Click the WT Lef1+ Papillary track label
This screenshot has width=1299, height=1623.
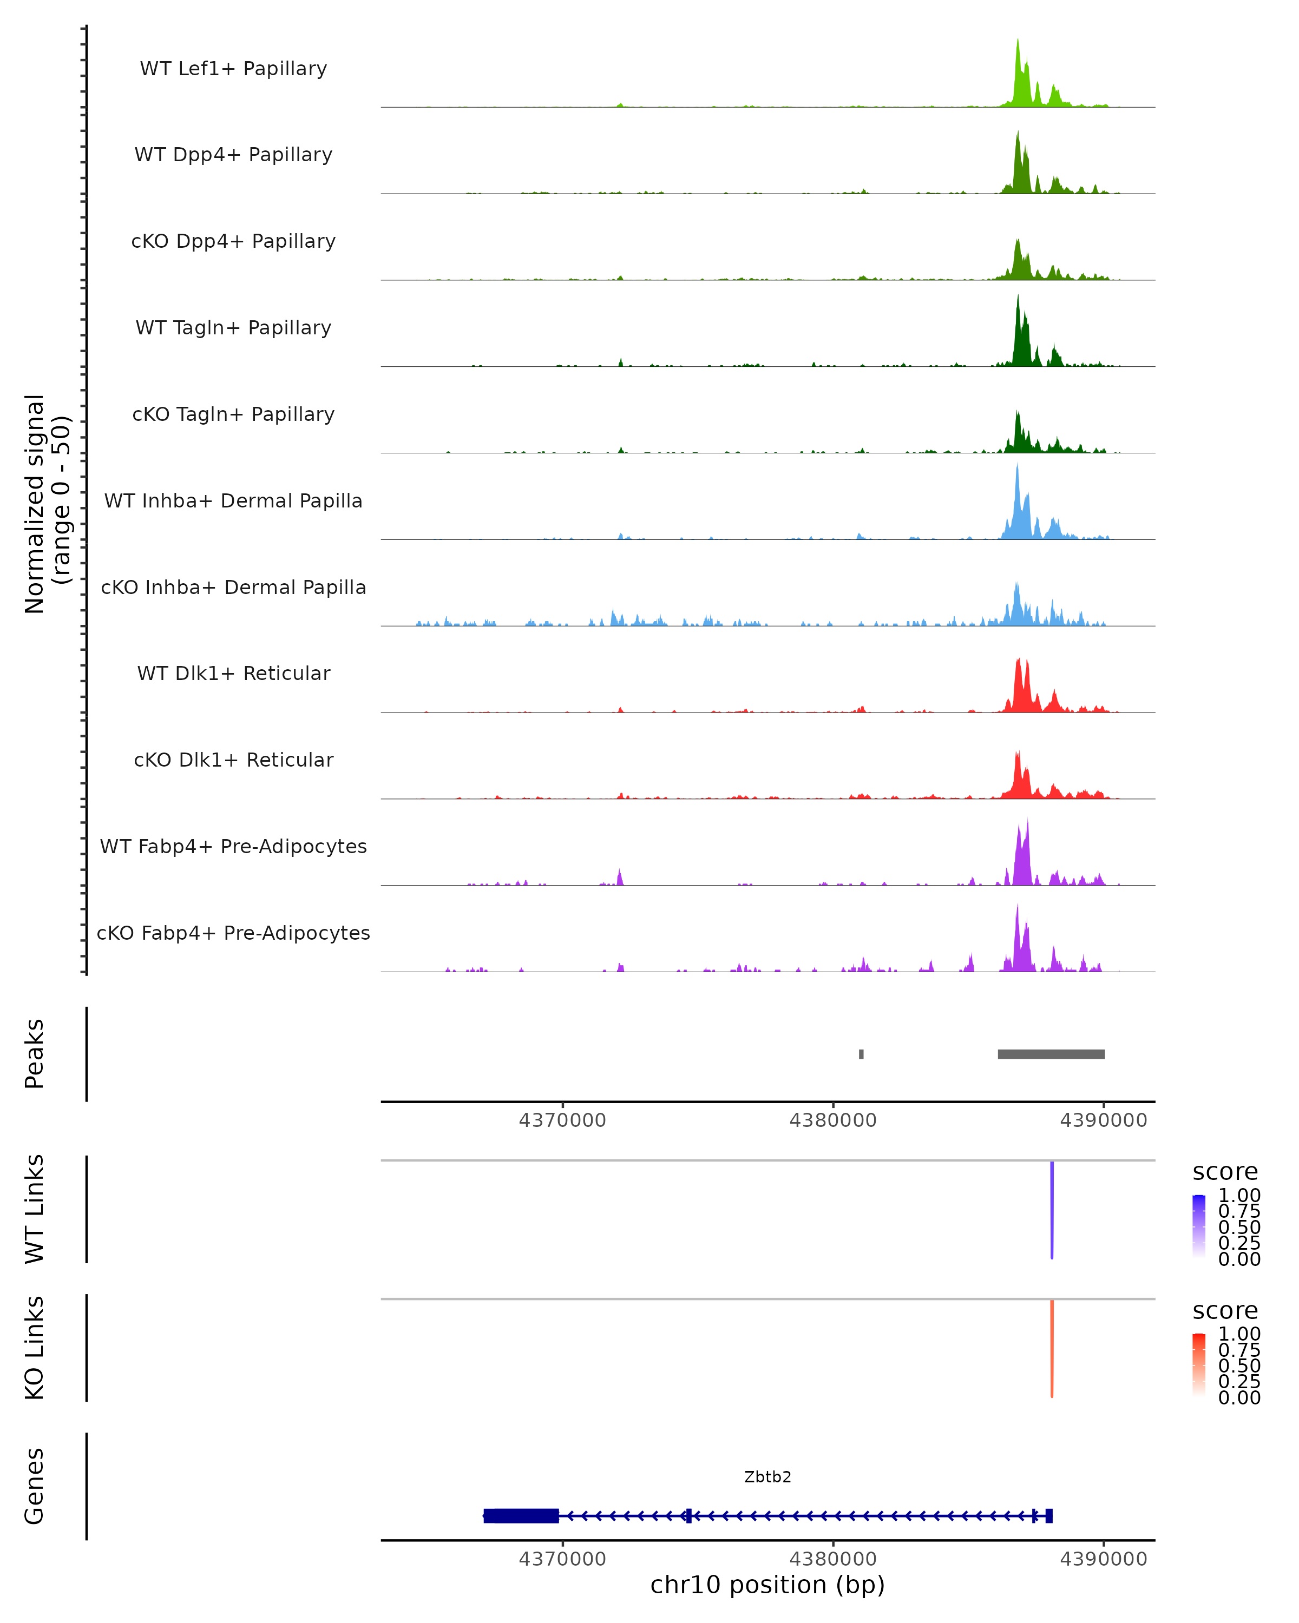[x=233, y=69]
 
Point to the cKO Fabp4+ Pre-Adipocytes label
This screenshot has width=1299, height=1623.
[x=233, y=933]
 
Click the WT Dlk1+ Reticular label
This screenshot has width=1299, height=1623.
[x=233, y=673]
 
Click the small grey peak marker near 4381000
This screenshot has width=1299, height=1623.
[x=861, y=1054]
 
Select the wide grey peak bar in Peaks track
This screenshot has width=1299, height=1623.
[x=1051, y=1054]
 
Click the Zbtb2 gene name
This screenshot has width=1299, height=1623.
[x=767, y=1477]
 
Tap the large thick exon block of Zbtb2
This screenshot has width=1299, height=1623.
[x=521, y=1515]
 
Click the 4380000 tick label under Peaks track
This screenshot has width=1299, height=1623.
[x=833, y=1121]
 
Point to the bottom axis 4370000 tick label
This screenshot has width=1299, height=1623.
[x=562, y=1559]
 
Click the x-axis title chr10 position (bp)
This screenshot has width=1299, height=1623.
[x=767, y=1585]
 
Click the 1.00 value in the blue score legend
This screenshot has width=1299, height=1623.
[x=1239, y=1196]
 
